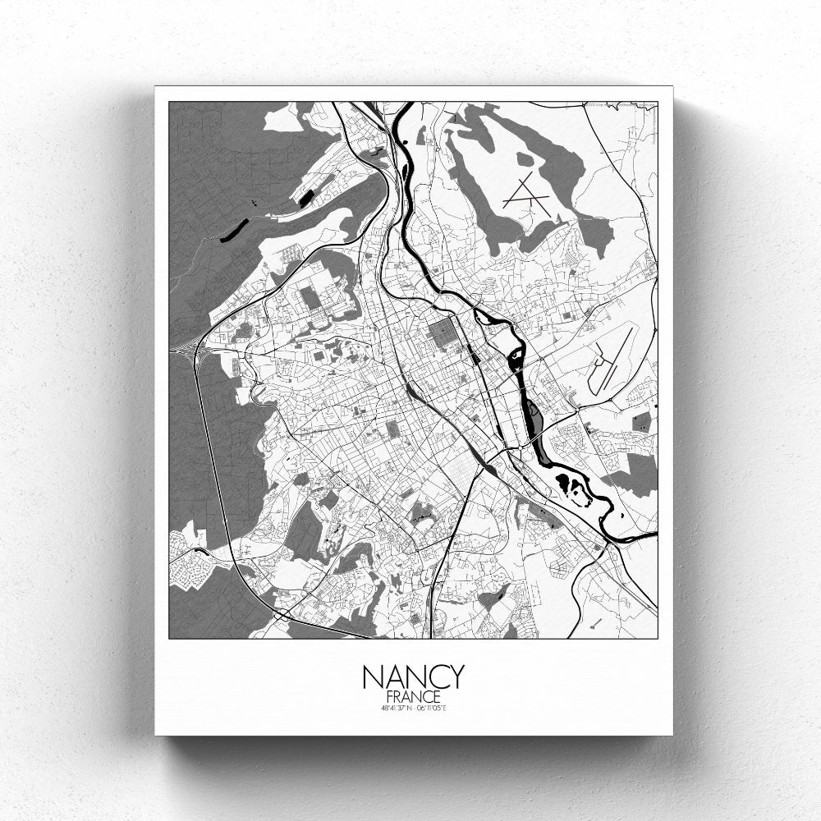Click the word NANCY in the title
(x=413, y=677)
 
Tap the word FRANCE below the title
(x=413, y=696)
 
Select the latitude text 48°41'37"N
(x=396, y=707)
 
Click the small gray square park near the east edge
(x=641, y=422)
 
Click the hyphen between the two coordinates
(x=414, y=707)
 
